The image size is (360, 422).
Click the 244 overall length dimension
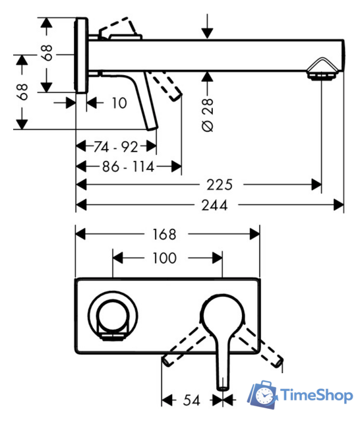[214, 205]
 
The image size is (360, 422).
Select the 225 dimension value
[220, 185]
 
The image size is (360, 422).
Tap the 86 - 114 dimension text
[129, 167]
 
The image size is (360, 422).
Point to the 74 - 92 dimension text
[115, 147]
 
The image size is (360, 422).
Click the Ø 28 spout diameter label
[208, 115]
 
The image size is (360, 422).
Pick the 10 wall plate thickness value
[119, 103]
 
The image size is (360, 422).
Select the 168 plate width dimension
[164, 234]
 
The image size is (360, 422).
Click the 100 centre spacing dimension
[164, 258]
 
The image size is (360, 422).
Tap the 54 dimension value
[192, 400]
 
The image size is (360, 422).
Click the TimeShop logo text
[316, 396]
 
